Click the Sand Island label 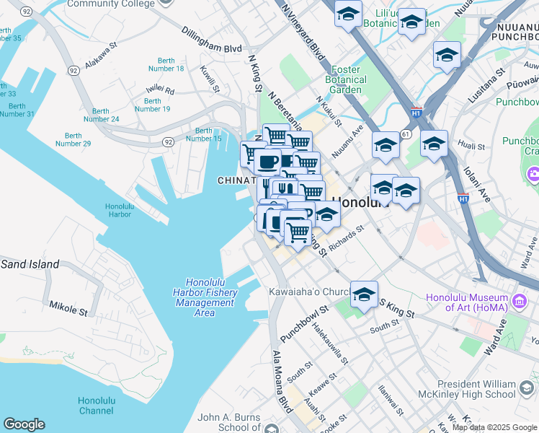point(30,264)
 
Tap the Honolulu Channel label point(96,406)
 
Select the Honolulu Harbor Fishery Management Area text point(205,297)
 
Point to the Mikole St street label point(68,309)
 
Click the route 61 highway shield point(406,134)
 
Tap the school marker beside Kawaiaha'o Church point(365,294)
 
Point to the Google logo point(24,424)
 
